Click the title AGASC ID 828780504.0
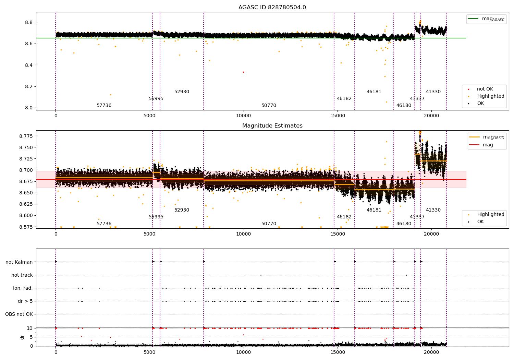[x=272, y=7]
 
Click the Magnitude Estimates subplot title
[x=272, y=125]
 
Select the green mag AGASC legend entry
[x=486, y=19]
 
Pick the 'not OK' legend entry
[x=480, y=89]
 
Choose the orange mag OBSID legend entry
[x=487, y=137]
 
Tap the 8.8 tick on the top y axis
[x=29, y=22]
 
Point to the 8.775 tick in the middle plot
[x=26, y=136]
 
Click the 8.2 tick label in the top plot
[x=29, y=86]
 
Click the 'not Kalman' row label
[x=19, y=262]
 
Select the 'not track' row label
[x=22, y=275]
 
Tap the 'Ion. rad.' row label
[x=23, y=288]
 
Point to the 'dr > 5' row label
[x=25, y=301]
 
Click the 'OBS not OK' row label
[x=19, y=314]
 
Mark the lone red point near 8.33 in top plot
[x=243, y=72]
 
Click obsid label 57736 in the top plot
[x=104, y=105]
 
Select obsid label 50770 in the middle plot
[x=269, y=224]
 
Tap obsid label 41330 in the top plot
[x=433, y=92]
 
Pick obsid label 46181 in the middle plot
[x=374, y=210]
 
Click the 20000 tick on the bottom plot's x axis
[x=431, y=352]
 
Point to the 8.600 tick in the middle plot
[x=26, y=215]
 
